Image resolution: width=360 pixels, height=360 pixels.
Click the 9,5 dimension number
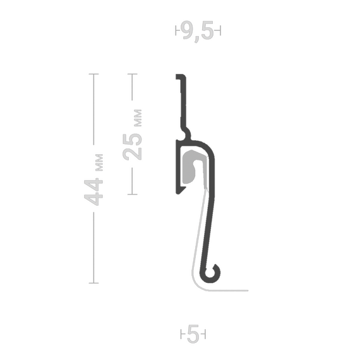pyautogui.click(x=198, y=31)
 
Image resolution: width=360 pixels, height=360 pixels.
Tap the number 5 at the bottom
pyautogui.click(x=193, y=334)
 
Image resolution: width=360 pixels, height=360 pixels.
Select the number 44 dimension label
pyautogui.click(x=93, y=192)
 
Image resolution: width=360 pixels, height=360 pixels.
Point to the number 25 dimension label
pyautogui.click(x=132, y=147)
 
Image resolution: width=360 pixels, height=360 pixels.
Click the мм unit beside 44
pyautogui.click(x=99, y=162)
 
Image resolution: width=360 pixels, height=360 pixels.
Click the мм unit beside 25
pyautogui.click(x=138, y=118)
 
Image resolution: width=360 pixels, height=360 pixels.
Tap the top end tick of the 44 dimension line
pyautogui.click(x=93, y=74)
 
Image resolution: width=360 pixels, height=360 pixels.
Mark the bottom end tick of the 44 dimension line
pyautogui.click(x=93, y=283)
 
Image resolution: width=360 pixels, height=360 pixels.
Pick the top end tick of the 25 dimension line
pyautogui.click(x=133, y=74)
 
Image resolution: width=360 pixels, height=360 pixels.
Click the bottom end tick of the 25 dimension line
pyautogui.click(x=133, y=195)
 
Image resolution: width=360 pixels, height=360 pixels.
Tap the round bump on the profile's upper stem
pyautogui.click(x=188, y=133)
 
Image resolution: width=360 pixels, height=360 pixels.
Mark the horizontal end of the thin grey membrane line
pyautogui.click(x=248, y=291)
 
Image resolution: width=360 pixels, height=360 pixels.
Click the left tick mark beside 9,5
pyautogui.click(x=176, y=30)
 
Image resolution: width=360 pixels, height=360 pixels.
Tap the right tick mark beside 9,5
pyautogui.click(x=220, y=30)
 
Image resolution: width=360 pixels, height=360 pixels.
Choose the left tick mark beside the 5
pyautogui.click(x=181, y=334)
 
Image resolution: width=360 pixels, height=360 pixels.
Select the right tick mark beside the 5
pyautogui.click(x=205, y=334)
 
